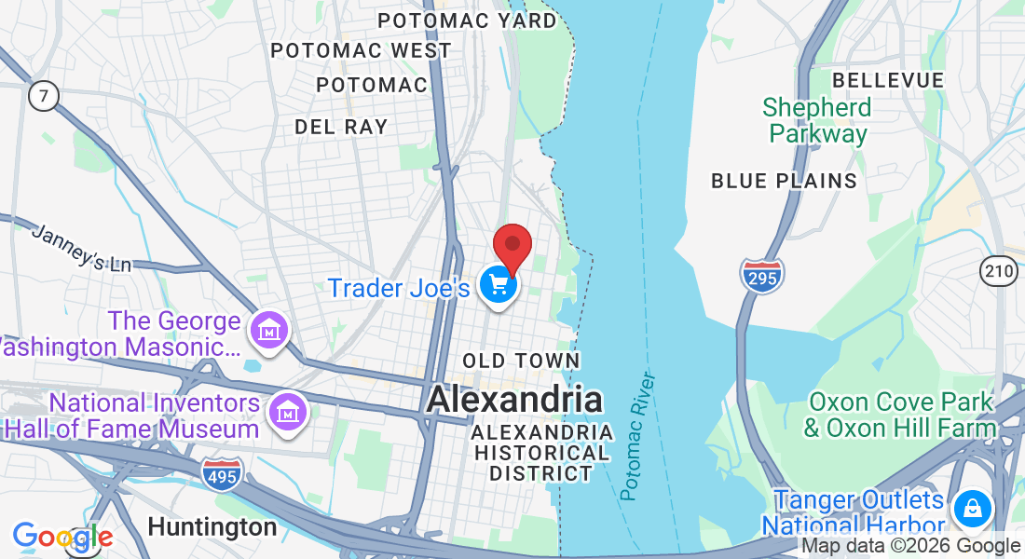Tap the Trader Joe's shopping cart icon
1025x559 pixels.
point(499,284)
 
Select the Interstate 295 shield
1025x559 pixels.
point(762,276)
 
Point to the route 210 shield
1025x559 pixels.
point(998,271)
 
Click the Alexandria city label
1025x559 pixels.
point(514,400)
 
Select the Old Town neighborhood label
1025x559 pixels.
point(522,361)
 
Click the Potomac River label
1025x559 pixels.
point(636,436)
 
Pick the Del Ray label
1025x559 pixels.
point(341,127)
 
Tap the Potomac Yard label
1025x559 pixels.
point(467,20)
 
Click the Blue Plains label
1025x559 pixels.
point(784,181)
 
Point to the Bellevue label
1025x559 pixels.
point(888,80)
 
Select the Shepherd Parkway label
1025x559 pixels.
point(817,120)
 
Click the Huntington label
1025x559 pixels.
point(212,527)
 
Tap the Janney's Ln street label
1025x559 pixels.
point(82,248)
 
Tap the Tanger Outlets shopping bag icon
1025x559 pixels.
point(972,509)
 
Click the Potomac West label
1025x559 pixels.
point(362,50)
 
